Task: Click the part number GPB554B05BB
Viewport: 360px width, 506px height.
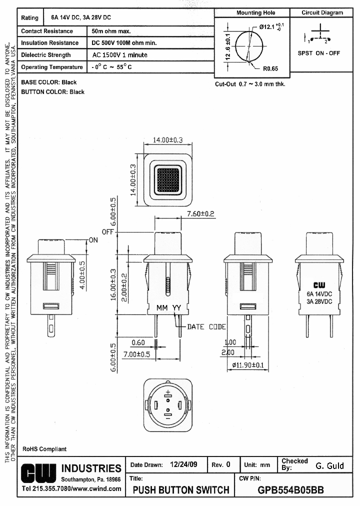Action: point(290,489)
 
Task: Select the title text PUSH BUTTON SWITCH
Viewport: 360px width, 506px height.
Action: point(181,489)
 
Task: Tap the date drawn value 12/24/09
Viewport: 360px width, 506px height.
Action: point(183,464)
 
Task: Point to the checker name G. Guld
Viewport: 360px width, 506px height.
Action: point(329,465)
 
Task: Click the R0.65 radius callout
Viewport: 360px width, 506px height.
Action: point(270,68)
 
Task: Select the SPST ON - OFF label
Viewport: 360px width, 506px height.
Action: point(318,53)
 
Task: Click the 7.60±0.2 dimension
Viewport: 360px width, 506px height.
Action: point(200,213)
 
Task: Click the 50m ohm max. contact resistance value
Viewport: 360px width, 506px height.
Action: point(111,31)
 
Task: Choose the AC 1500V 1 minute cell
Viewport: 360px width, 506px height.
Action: point(120,55)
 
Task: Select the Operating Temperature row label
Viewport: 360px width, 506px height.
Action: point(51,67)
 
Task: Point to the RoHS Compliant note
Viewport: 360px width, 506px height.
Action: point(44,449)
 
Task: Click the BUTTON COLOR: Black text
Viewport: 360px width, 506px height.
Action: point(52,92)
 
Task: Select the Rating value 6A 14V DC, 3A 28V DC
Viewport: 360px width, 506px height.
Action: point(81,17)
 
